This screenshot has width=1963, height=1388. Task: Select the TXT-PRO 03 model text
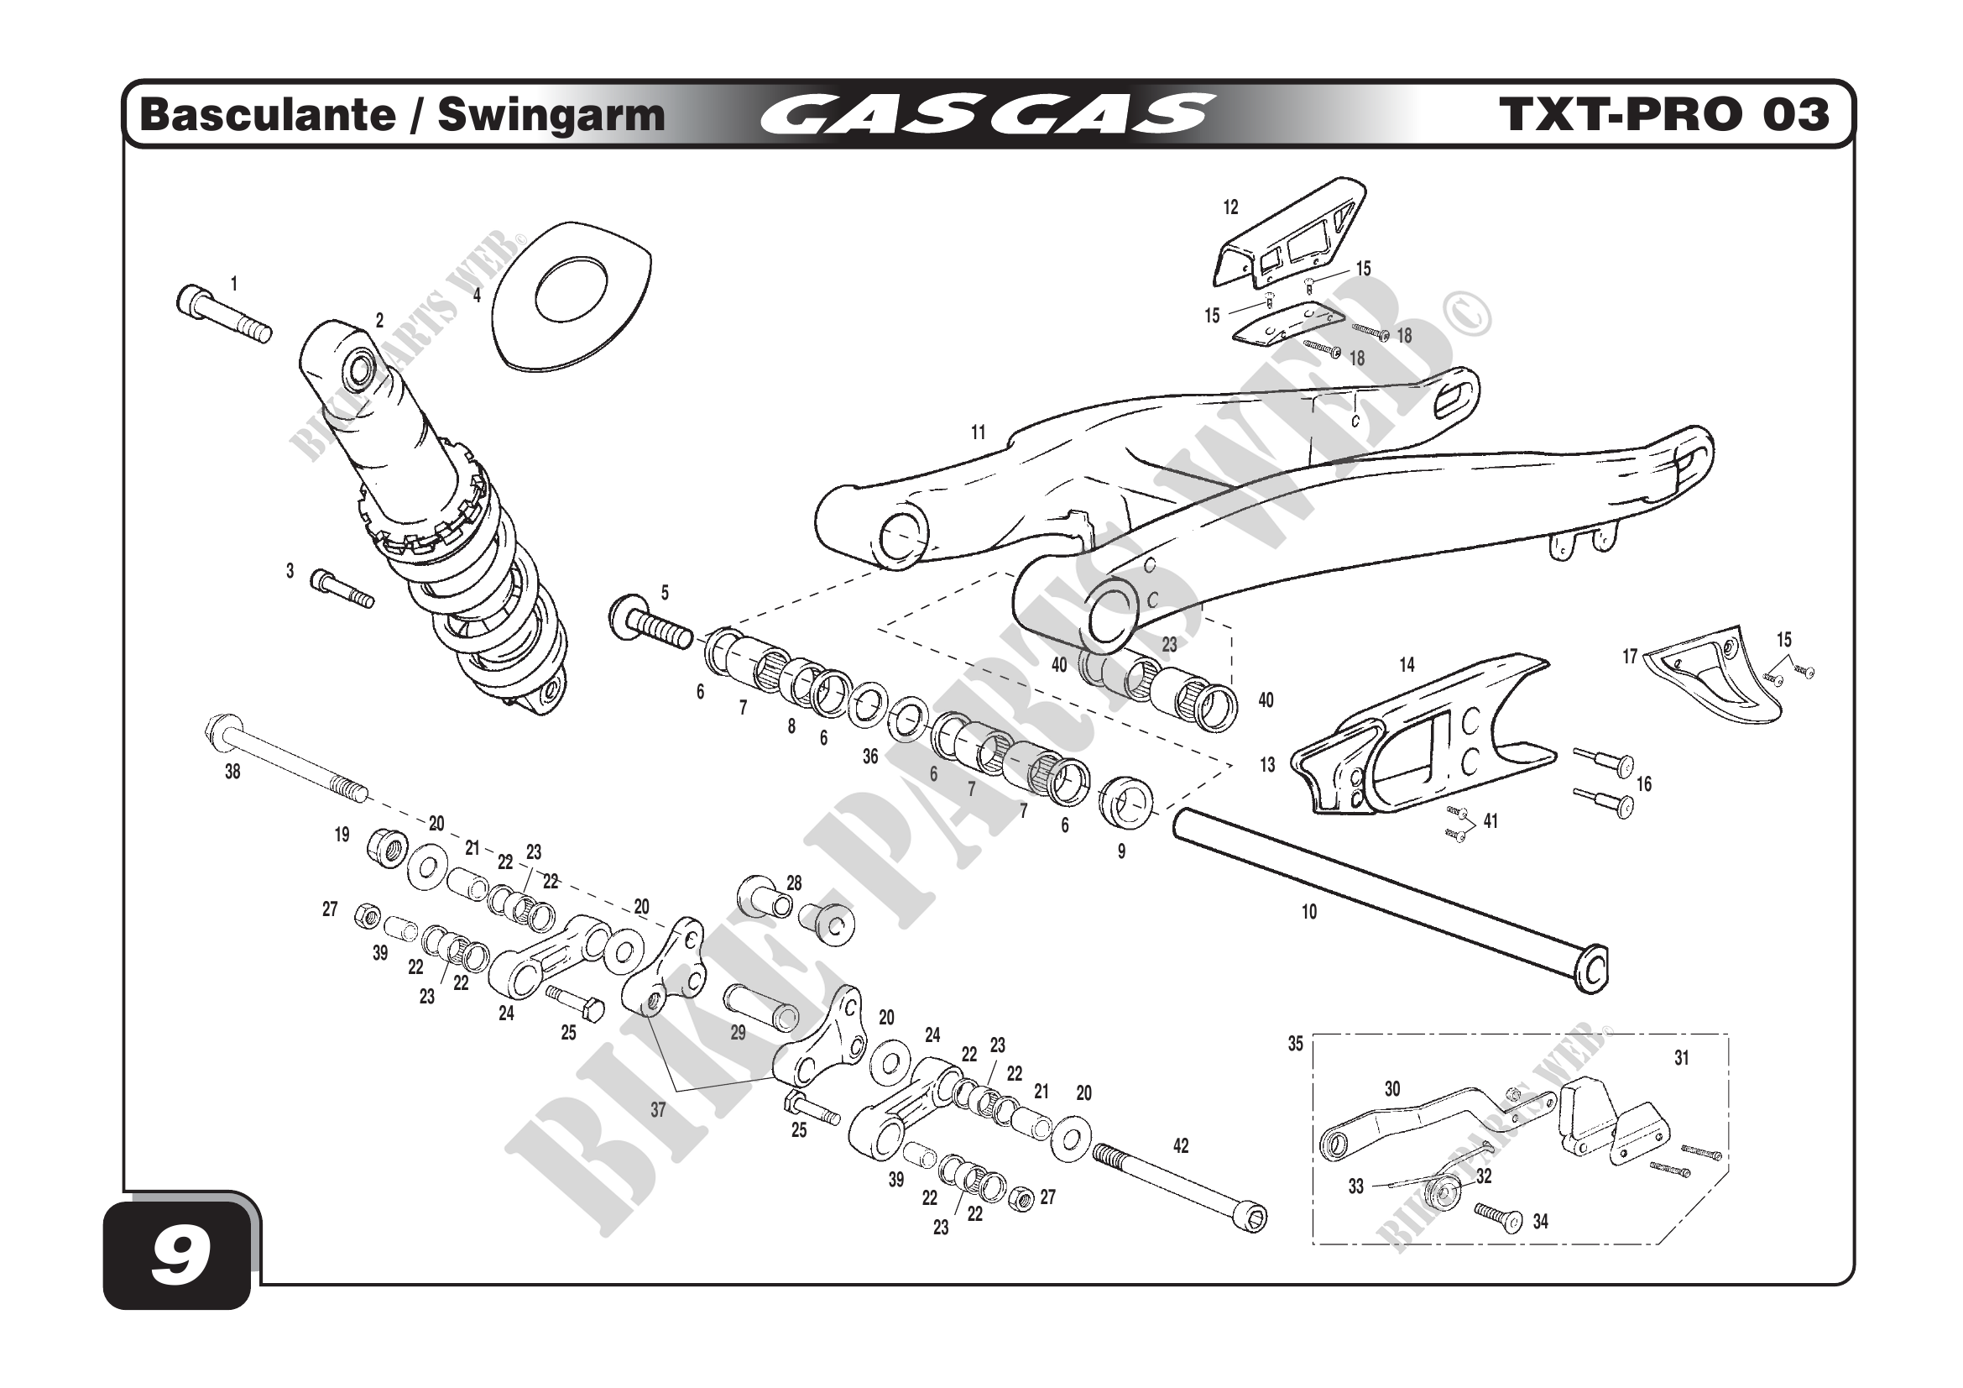tap(1663, 114)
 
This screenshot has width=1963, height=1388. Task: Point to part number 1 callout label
tap(233, 284)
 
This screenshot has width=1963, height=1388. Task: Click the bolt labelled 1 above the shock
tap(222, 315)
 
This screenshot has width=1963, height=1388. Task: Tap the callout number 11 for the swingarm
tap(978, 432)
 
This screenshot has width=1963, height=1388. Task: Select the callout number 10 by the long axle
tap(1309, 913)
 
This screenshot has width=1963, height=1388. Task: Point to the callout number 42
tap(1181, 1146)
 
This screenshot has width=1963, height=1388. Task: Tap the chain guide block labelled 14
tap(1419, 736)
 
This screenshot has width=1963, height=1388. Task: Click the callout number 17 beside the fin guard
tap(1630, 657)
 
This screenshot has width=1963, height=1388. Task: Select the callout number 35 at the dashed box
tap(1295, 1045)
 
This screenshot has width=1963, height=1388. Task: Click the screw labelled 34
tap(1497, 1218)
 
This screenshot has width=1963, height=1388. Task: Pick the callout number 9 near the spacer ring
tap(1121, 851)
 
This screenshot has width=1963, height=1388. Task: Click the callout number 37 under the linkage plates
tap(657, 1110)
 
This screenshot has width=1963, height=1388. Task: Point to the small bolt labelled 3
tap(342, 589)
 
